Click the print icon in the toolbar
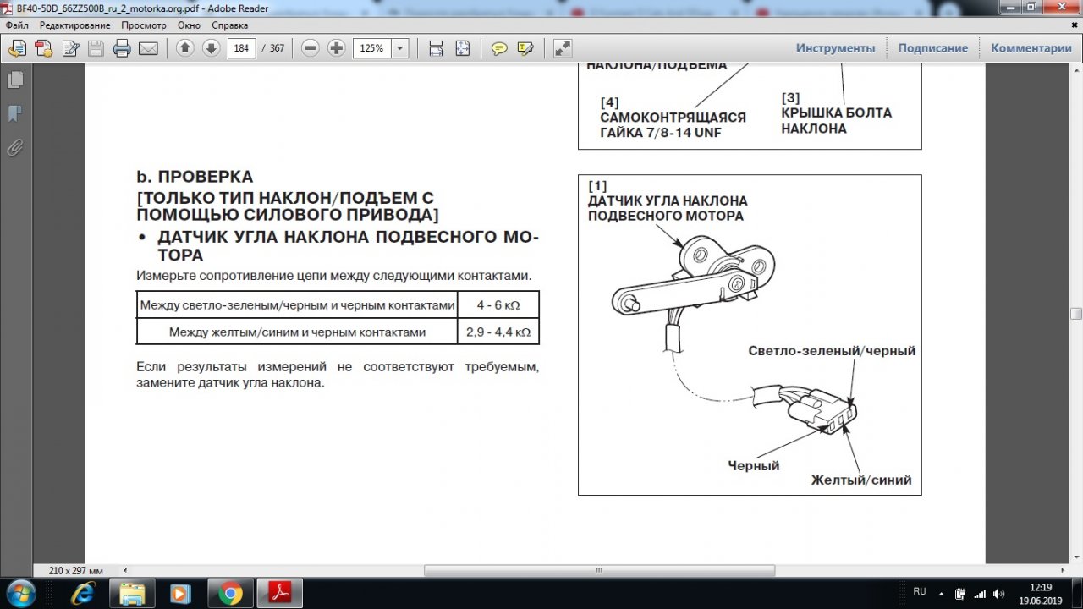point(122,48)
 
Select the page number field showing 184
point(241,48)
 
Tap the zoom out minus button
point(311,48)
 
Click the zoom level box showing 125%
point(371,48)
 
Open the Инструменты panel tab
point(835,48)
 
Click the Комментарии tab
point(1031,48)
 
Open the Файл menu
point(17,25)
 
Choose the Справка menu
point(229,25)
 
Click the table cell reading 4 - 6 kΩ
point(498,305)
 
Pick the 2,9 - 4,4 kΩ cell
point(498,332)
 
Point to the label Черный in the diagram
point(754,465)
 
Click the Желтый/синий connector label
point(861,480)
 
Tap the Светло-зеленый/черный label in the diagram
point(832,350)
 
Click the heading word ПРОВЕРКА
point(206,177)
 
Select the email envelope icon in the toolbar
point(148,48)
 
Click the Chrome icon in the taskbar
point(230,593)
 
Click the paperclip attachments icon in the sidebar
point(15,148)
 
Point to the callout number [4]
point(610,102)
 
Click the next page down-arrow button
point(211,48)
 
